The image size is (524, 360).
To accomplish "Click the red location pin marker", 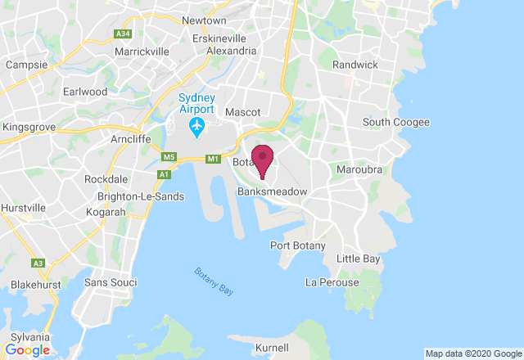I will click(x=262, y=158).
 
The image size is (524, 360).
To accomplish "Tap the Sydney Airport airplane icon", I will click(x=196, y=127).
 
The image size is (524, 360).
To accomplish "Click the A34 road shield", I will click(x=123, y=34).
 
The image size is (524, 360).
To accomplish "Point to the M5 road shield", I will click(x=169, y=157).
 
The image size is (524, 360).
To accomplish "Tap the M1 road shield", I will click(x=213, y=158).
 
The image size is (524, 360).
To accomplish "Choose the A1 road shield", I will click(x=165, y=173).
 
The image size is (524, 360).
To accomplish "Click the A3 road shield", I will click(x=38, y=263).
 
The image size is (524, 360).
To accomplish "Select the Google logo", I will click(x=27, y=350).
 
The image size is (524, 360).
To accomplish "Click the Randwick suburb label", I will click(x=355, y=64).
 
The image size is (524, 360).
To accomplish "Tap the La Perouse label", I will click(x=332, y=282).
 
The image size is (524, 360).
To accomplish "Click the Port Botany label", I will click(x=298, y=245).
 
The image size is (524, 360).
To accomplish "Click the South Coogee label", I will click(x=396, y=123).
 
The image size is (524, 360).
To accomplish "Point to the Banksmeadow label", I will click(x=272, y=191).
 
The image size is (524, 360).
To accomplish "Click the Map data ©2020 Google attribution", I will click(x=472, y=353).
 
